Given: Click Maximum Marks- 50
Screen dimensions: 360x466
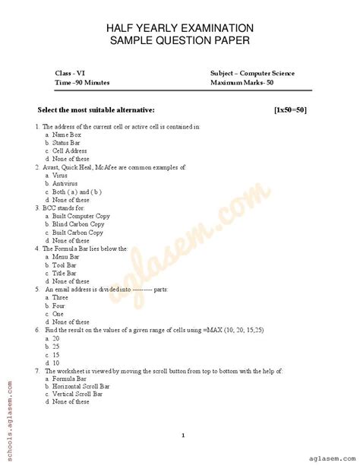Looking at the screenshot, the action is [x=248, y=83].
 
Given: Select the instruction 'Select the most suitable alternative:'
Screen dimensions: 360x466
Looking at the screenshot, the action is [x=85, y=110].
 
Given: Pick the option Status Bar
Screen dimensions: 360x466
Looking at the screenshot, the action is [x=66, y=142].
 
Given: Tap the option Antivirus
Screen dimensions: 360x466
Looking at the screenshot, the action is [x=64, y=183].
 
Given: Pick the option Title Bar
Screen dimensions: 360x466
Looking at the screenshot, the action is [x=64, y=273].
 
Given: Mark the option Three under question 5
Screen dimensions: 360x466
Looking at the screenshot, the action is [x=61, y=298].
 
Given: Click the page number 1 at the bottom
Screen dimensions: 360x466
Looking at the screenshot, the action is [x=184, y=434].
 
